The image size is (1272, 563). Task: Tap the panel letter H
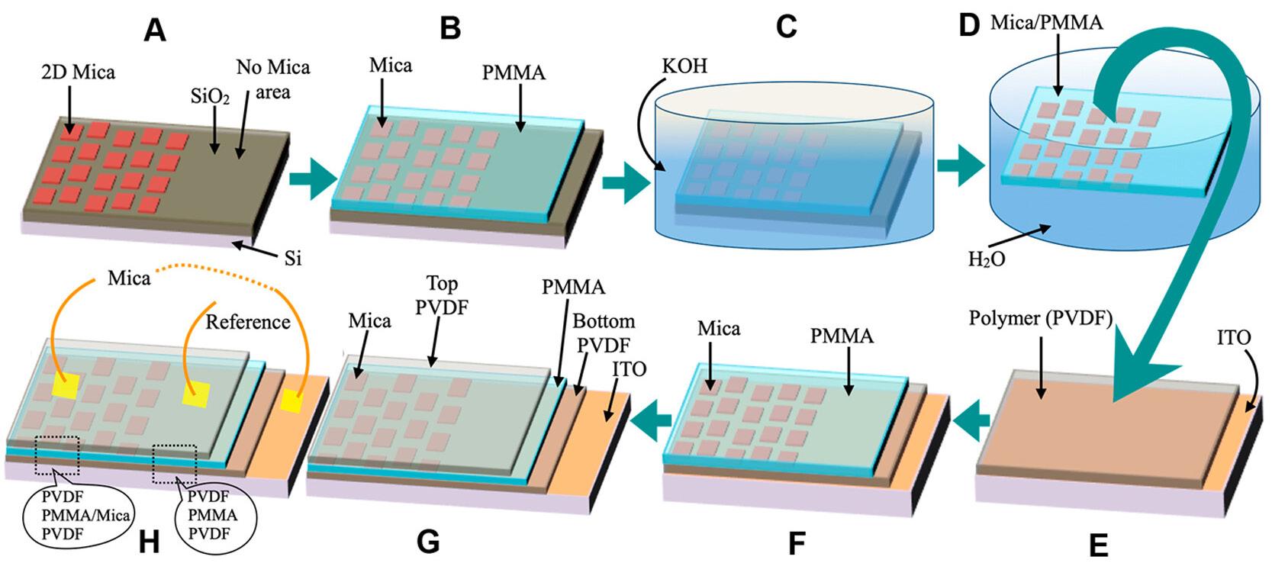point(150,542)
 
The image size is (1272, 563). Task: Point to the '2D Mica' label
point(78,72)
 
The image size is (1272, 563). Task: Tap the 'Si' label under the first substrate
point(292,259)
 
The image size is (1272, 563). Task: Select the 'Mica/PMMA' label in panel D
point(1046,23)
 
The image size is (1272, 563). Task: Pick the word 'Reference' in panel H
point(248,322)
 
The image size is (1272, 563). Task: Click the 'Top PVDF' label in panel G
point(443,295)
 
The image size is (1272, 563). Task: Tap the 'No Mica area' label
point(272,79)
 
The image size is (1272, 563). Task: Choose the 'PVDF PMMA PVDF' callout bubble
point(213,515)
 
